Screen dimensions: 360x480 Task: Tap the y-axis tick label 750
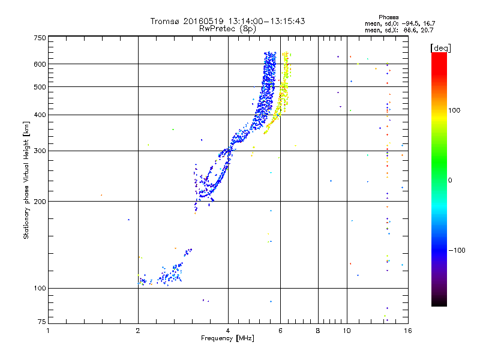click(x=39, y=38)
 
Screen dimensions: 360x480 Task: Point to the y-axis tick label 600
click(x=39, y=64)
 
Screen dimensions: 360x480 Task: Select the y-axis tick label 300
click(x=39, y=151)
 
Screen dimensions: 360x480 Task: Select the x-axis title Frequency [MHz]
click(x=227, y=338)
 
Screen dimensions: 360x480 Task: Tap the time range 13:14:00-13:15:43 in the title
click(x=262, y=21)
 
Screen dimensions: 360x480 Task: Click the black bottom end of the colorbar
click(x=439, y=303)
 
